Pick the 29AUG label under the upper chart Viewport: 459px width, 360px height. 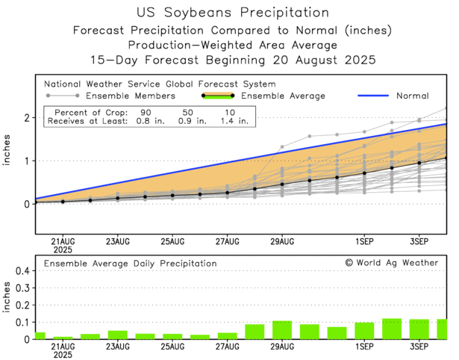282,241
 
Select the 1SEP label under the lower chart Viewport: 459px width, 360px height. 364,347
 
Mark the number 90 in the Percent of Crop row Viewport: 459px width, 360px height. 147,111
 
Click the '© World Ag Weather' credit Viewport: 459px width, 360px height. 391,263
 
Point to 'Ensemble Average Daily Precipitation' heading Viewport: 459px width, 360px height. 131,264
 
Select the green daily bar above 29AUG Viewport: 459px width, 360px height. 282,330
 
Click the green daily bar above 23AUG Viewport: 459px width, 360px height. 117,335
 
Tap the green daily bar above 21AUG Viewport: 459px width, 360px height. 63,338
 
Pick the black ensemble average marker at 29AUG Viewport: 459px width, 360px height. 282,184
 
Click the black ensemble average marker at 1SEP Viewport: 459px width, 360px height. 364,173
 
